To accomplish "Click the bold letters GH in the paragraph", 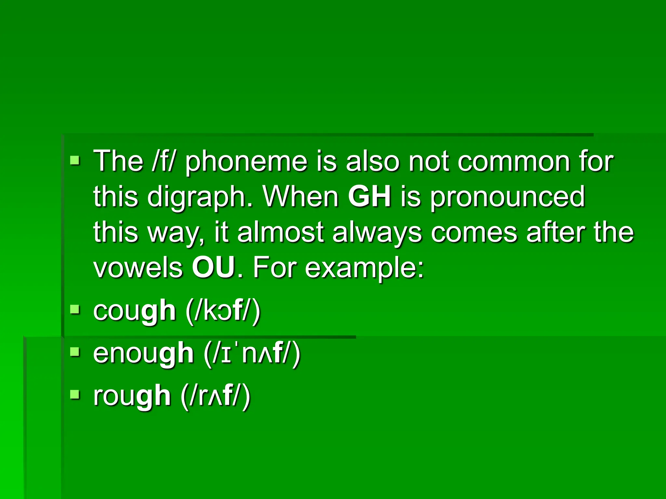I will [x=369, y=197].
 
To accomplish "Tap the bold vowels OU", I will [x=213, y=267].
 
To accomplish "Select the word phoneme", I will [x=246, y=161].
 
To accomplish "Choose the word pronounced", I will [x=508, y=197].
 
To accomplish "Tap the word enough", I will [x=143, y=353].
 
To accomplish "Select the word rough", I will [x=132, y=396].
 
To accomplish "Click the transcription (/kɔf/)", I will [x=223, y=311].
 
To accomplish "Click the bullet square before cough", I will [x=75, y=309].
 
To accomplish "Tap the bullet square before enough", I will [x=75, y=352].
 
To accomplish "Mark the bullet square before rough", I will [x=75, y=394].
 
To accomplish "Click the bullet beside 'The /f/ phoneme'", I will [x=75, y=160].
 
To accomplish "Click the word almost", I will [x=280, y=232].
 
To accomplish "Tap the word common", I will [x=513, y=161].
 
